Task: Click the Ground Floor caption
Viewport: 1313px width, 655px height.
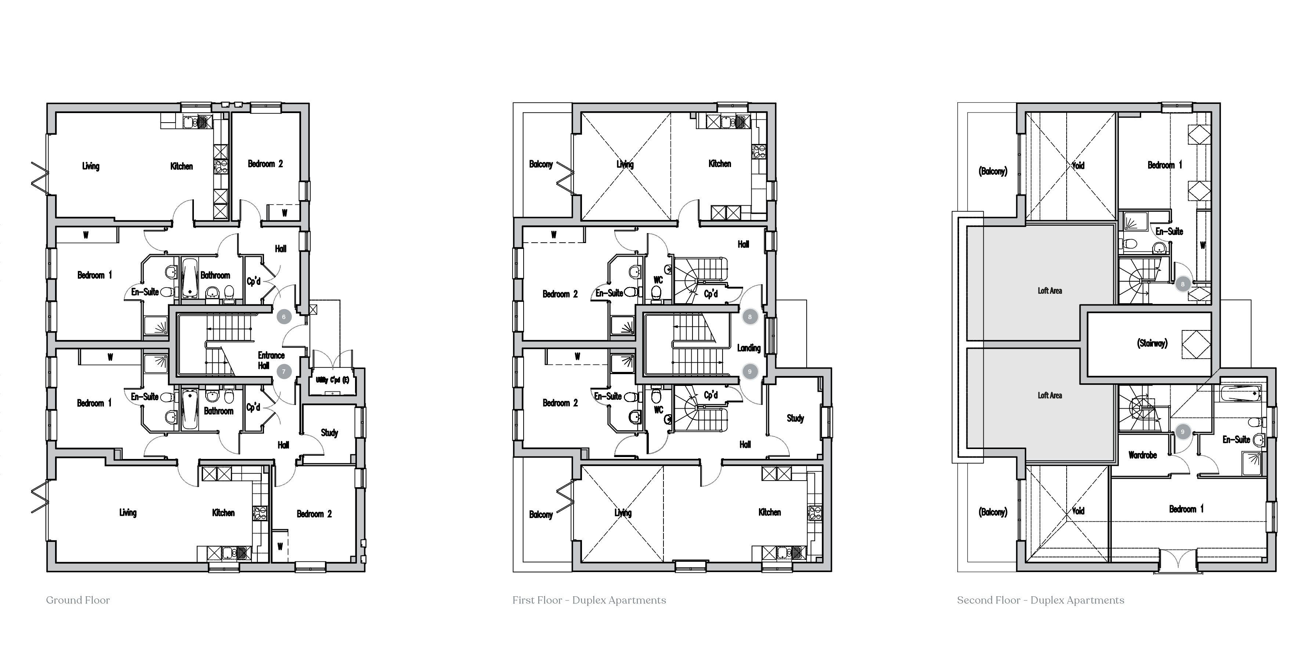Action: (x=78, y=600)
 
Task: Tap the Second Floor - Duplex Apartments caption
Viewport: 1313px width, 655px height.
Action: (x=1040, y=600)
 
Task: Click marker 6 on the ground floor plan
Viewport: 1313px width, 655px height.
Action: (x=284, y=316)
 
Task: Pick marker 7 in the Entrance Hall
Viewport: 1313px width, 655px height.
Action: (x=284, y=372)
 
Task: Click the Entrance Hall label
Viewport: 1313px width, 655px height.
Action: (x=270, y=360)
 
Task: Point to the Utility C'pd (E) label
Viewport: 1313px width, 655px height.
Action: (x=332, y=380)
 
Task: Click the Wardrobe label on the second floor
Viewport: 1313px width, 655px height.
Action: (x=1142, y=455)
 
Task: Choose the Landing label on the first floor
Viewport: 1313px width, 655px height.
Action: (x=748, y=348)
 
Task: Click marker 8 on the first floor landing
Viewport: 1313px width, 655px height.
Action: (x=749, y=316)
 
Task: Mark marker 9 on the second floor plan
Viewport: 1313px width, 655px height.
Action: (x=1183, y=432)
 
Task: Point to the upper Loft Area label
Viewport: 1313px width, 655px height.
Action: (x=1049, y=290)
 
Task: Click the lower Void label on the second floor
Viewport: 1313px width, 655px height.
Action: (x=1078, y=510)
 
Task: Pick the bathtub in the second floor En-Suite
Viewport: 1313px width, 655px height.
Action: (x=1240, y=394)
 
